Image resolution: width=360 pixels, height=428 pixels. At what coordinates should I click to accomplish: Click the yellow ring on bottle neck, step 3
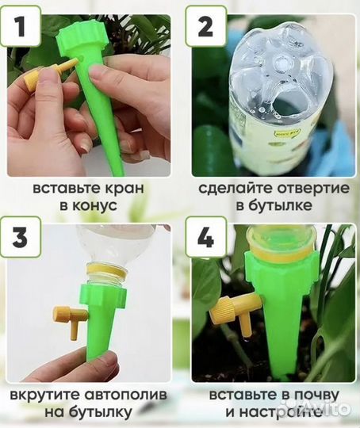point(106,272)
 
